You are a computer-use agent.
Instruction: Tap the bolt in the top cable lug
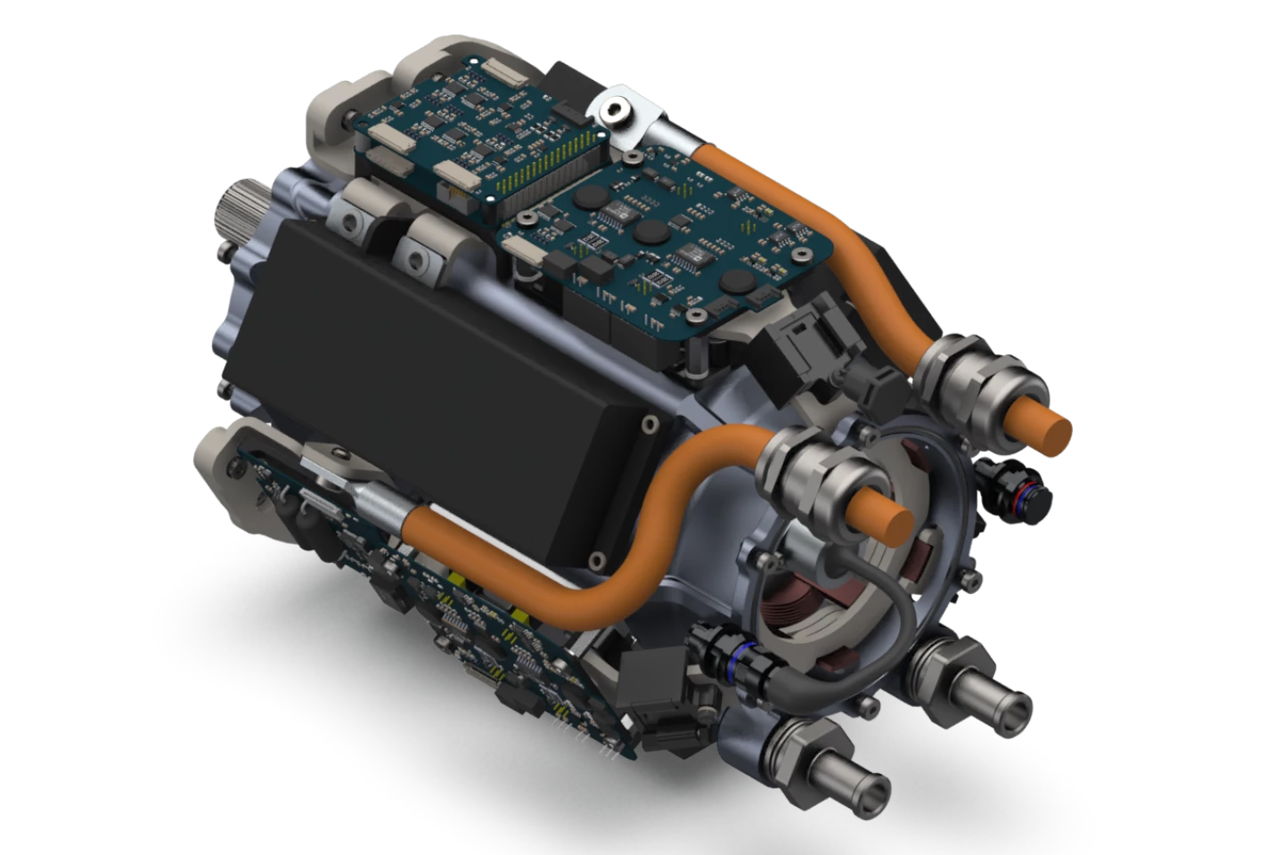coord(616,111)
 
